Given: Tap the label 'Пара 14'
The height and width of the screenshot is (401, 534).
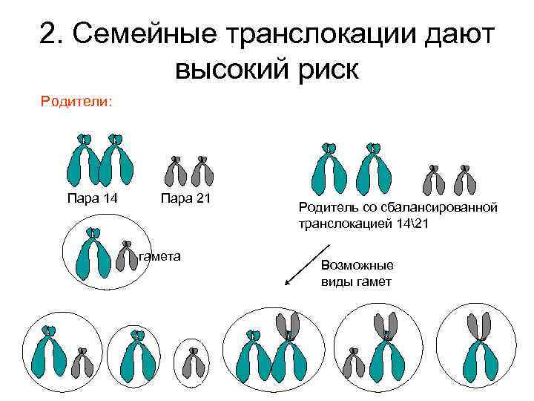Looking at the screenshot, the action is click(91, 198).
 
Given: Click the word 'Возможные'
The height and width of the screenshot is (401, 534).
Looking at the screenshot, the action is click(357, 265).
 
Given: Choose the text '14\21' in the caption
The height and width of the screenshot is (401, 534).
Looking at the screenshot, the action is click(400, 223).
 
